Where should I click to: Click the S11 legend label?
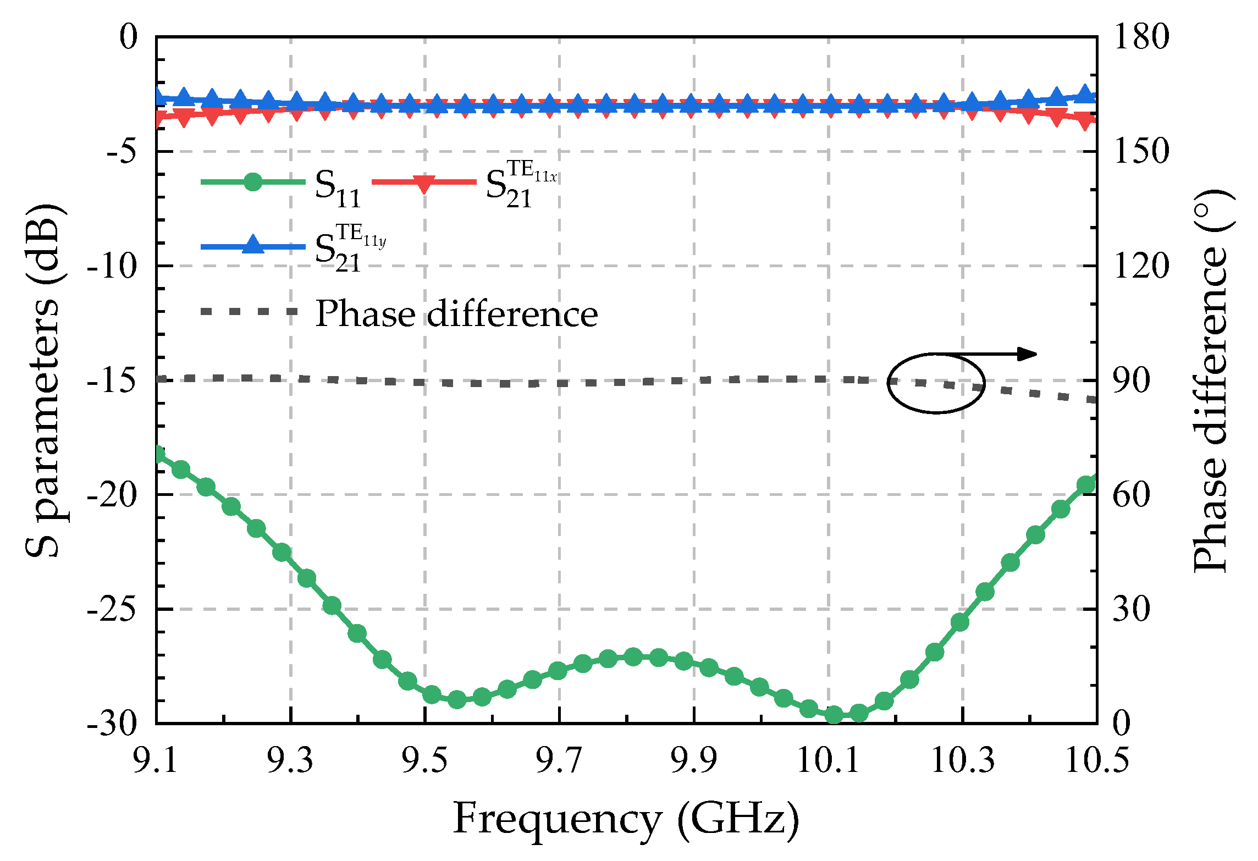[x=338, y=188]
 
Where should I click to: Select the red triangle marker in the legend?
[x=424, y=183]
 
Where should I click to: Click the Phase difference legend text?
[x=456, y=314]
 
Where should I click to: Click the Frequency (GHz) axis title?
[x=626, y=819]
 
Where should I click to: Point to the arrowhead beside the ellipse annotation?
[x=1027, y=354]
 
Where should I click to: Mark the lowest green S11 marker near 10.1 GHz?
[x=834, y=715]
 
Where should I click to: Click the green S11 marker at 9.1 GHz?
[x=158, y=454]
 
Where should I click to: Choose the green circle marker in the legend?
[x=253, y=181]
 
